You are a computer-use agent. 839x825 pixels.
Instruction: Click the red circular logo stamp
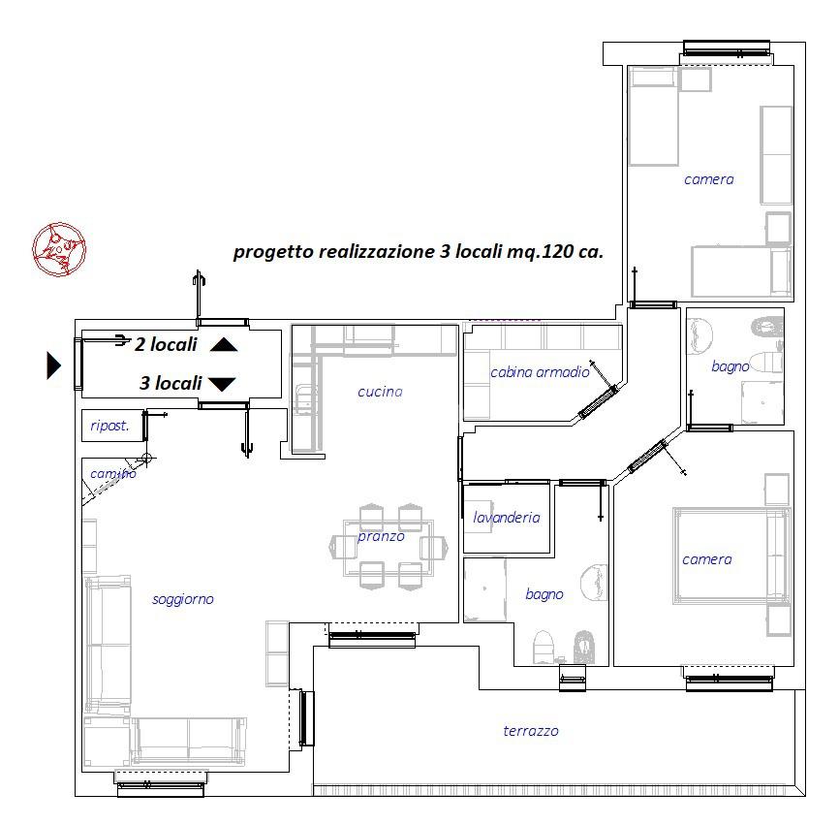[x=59, y=249]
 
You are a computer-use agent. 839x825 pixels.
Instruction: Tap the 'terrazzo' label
[x=531, y=731]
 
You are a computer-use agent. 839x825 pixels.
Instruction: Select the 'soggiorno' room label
[x=183, y=599]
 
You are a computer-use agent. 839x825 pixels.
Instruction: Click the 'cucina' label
[x=380, y=392]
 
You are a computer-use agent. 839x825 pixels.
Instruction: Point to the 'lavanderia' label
[x=506, y=517]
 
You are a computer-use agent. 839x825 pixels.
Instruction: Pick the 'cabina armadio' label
[x=540, y=372]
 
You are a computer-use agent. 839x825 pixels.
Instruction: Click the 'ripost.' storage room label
[x=109, y=426]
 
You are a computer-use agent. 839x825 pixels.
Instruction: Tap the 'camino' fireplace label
[x=113, y=474]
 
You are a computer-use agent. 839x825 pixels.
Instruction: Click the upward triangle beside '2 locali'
[x=224, y=344]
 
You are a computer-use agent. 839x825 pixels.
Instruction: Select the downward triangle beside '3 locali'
[x=222, y=384]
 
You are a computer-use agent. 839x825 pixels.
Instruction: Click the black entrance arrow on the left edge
[x=53, y=365]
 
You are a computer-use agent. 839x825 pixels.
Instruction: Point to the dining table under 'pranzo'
[x=388, y=547]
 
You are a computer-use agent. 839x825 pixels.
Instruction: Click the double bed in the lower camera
[x=730, y=555]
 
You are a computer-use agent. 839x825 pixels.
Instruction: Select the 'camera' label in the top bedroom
[x=708, y=179]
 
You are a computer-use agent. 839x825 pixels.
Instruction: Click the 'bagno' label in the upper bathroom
[x=730, y=366]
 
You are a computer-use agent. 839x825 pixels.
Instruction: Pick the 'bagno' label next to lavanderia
[x=544, y=594]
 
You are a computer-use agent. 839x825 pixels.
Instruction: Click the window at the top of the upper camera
[x=727, y=49]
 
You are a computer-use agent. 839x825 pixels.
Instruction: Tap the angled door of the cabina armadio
[x=599, y=401]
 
